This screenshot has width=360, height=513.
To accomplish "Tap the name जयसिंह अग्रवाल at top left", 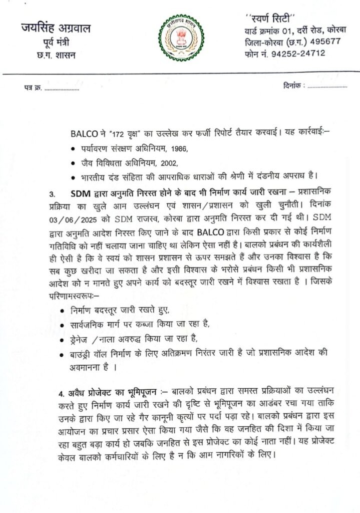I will point(56,29).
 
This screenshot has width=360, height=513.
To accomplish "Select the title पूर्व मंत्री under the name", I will point(56,43).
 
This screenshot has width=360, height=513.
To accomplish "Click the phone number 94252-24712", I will point(298,53).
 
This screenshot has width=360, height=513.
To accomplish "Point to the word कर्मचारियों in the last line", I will point(135,455).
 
